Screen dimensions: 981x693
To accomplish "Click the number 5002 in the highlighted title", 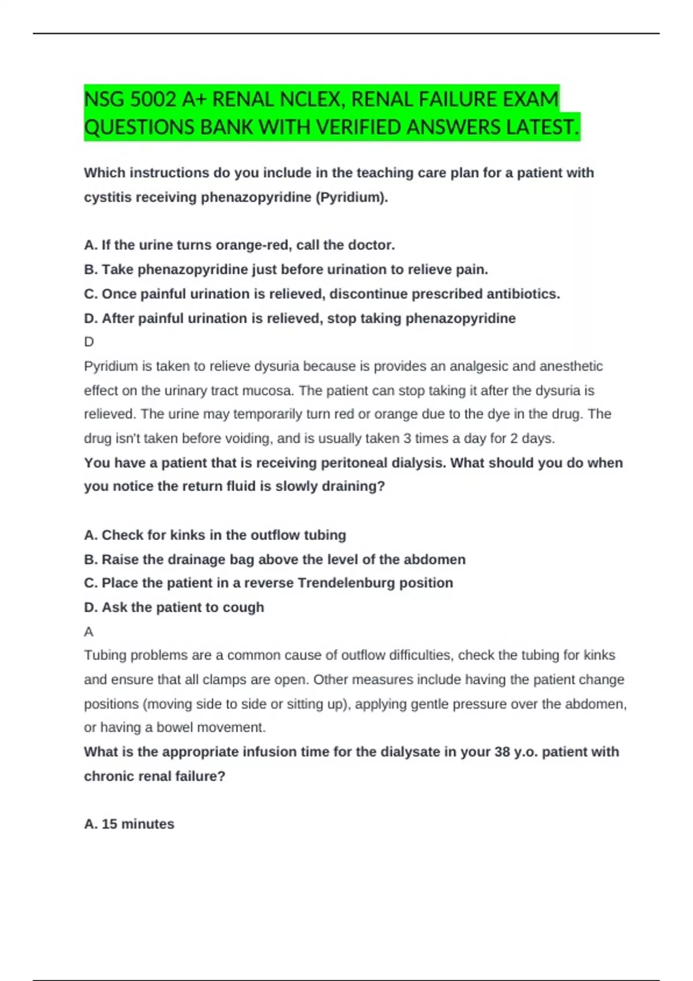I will (152, 100).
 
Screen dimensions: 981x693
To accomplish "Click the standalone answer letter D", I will (89, 342).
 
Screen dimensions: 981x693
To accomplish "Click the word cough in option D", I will (244, 607).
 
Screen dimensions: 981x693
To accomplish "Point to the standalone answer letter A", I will (88, 632).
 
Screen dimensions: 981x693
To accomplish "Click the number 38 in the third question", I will (502, 752).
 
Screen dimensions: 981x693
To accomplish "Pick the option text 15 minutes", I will (137, 824).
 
